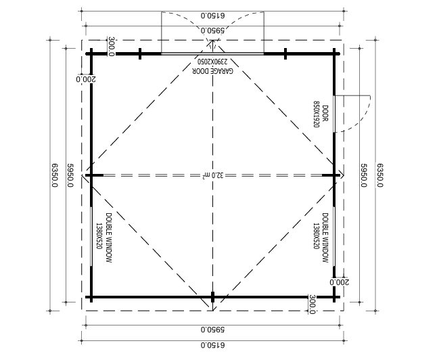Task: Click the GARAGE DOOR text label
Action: tap(213, 70)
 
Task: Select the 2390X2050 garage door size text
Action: tap(213, 62)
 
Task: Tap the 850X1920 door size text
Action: tap(317, 114)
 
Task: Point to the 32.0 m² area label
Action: tap(213, 176)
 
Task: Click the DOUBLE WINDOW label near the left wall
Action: tap(109, 238)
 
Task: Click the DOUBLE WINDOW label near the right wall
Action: tap(325, 238)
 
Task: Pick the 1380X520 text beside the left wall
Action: tap(99, 236)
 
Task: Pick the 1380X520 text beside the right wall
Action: tap(316, 236)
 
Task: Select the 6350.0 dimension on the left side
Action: tap(55, 176)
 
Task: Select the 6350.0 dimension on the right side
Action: tap(380, 176)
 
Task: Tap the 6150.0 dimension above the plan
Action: tap(213, 15)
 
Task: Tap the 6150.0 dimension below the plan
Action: tap(213, 345)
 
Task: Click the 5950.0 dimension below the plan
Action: tap(213, 329)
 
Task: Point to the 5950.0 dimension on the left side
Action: tap(70, 176)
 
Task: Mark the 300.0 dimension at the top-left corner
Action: tap(111, 47)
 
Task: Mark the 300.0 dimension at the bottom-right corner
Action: tap(313, 305)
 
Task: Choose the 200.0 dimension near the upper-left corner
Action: tap(86, 79)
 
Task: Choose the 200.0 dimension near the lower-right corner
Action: tap(340, 282)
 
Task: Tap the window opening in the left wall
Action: tap(91, 236)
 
